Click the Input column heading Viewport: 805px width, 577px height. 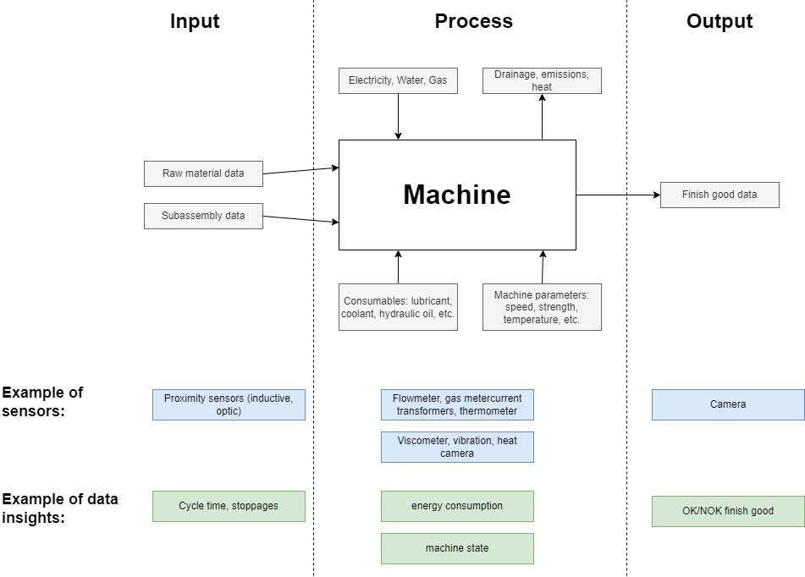pos(195,22)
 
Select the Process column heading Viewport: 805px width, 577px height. pos(473,22)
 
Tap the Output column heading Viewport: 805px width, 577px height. pos(719,22)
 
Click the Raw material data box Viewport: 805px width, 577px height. pos(203,173)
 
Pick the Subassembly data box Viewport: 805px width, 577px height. pos(203,216)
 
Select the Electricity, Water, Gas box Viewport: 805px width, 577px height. pos(398,81)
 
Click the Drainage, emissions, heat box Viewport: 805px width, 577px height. pos(542,81)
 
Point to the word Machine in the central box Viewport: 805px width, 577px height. pos(457,195)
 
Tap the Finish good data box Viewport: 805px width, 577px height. pos(720,195)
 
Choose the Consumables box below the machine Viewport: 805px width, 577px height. pos(398,307)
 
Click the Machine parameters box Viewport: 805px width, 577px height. pos(542,307)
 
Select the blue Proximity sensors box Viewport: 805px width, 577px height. pos(229,404)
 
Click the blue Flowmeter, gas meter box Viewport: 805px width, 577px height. pos(457,404)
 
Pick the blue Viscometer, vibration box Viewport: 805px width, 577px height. pos(457,447)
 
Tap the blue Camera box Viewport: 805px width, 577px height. pos(728,404)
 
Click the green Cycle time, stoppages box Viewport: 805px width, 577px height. pos(229,506)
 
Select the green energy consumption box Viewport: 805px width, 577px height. pos(457,506)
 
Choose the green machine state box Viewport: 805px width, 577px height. pos(457,548)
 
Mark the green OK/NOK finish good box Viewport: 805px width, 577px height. pos(728,511)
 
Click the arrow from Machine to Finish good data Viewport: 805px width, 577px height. pos(618,195)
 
